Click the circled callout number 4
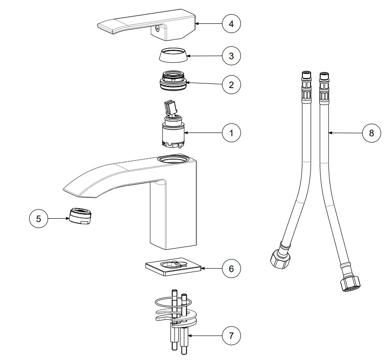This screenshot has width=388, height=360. (x=231, y=24)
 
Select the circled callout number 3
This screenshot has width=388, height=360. (x=231, y=56)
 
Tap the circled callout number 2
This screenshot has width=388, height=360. (x=231, y=85)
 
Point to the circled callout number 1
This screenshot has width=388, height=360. (x=231, y=133)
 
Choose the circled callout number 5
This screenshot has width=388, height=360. (x=38, y=219)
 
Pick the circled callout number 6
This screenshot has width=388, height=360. (x=231, y=268)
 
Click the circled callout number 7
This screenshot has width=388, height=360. (x=231, y=336)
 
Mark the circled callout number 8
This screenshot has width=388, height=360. (x=372, y=133)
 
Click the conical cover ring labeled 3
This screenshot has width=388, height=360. (x=174, y=55)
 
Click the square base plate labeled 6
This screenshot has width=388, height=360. (x=174, y=267)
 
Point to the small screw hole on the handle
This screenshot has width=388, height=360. (x=157, y=29)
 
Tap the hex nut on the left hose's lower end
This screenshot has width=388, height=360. (x=280, y=259)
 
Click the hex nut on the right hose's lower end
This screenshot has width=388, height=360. (x=350, y=284)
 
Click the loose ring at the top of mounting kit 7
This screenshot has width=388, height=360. (x=173, y=302)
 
